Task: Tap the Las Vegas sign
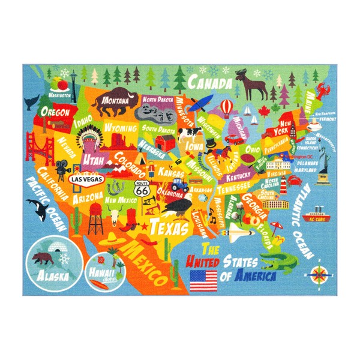tap(84, 179)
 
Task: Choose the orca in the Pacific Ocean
tap(37, 210)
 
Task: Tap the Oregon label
tap(56, 112)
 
